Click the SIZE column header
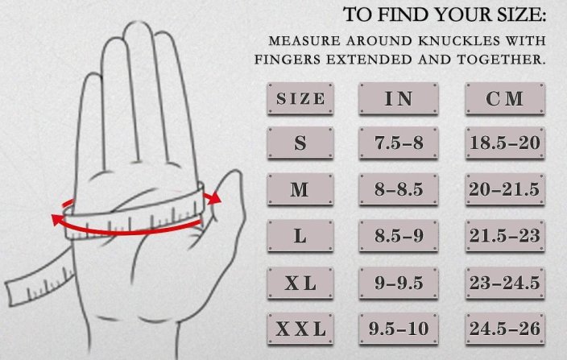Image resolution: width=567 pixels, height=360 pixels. tap(300, 99)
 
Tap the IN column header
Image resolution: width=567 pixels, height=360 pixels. tap(399, 99)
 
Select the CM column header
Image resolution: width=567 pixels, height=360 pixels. tap(505, 99)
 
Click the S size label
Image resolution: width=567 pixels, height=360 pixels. tap(300, 143)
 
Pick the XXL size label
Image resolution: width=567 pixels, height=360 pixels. tap(300, 329)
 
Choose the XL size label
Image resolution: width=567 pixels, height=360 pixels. tap(300, 283)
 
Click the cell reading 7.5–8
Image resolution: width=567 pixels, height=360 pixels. tap(399, 143)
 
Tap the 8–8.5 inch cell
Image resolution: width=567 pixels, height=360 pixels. tap(399, 189)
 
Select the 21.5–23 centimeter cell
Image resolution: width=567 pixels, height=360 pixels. tap(505, 236)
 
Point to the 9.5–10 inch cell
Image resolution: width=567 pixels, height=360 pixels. tap(399, 329)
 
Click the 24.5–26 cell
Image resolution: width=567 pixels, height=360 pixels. tap(505, 329)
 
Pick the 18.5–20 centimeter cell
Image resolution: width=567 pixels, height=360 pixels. tap(505, 143)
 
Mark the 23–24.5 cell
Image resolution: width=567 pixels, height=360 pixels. tap(505, 283)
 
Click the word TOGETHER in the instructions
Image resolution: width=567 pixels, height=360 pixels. tap(501, 60)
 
